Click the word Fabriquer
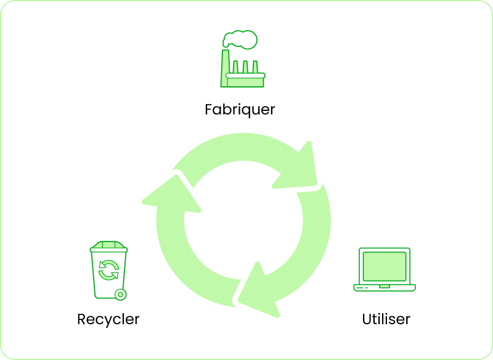(x=240, y=110)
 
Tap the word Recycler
(x=108, y=319)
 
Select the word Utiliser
(x=386, y=319)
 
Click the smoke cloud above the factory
(x=240, y=39)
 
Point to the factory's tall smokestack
(x=225, y=68)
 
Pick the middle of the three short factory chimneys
(x=245, y=67)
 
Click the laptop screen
(x=385, y=266)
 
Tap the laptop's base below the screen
(x=385, y=288)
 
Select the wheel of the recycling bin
(x=120, y=295)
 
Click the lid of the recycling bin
(x=108, y=247)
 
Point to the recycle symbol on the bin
(x=109, y=270)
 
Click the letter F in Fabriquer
(x=209, y=109)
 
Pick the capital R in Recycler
(x=81, y=319)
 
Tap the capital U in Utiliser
(x=367, y=319)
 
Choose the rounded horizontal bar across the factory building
(x=245, y=75)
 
